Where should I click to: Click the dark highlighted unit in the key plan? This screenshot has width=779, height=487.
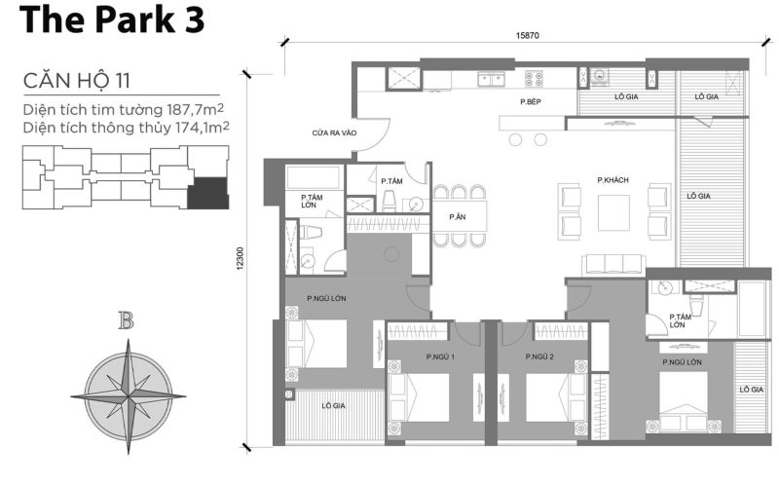coord(208,193)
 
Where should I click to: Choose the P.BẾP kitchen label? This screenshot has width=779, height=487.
coord(530,100)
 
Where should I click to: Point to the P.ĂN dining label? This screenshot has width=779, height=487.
coord(457,216)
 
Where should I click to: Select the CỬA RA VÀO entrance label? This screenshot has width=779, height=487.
coord(307,131)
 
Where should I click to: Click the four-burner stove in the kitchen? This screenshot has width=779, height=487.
coord(535,79)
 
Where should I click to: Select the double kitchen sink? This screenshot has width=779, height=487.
coord(491,80)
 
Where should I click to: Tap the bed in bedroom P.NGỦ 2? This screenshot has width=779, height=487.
coord(555,396)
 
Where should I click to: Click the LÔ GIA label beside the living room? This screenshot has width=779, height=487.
coord(698,196)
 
